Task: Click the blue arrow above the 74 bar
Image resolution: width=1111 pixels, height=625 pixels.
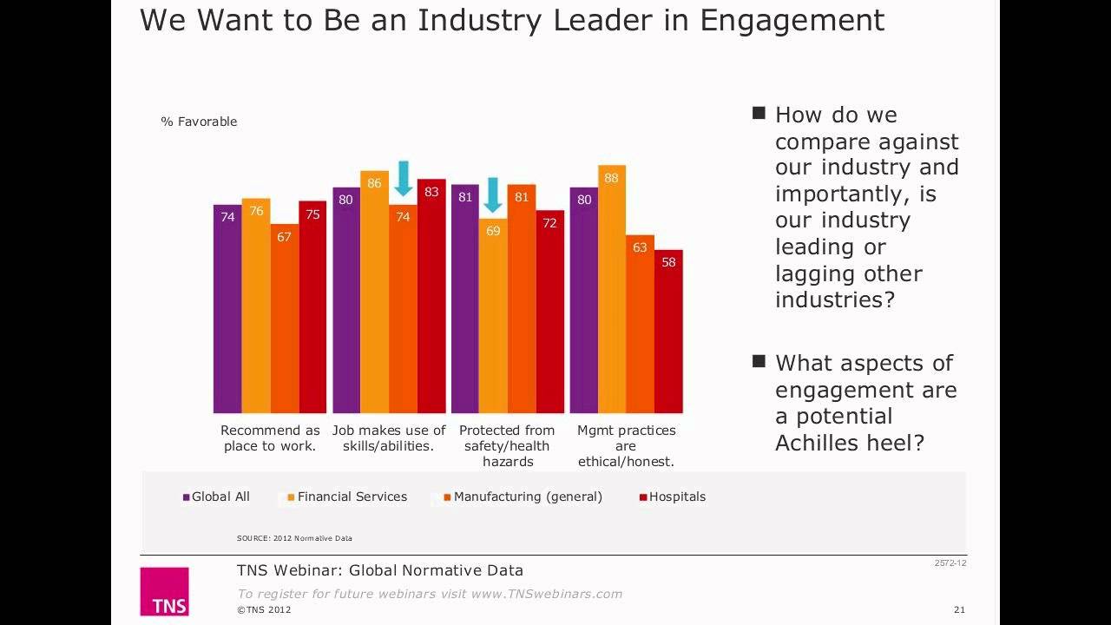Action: pos(404,179)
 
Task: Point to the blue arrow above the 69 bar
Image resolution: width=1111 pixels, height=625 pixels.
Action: pos(493,195)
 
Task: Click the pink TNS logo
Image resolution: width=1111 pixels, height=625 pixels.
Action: pos(164,591)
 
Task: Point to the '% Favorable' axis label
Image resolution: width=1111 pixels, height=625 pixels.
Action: pos(199,122)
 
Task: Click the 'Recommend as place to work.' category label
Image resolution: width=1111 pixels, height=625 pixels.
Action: pos(270,438)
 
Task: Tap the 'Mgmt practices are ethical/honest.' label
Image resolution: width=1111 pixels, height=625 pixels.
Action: pos(626,446)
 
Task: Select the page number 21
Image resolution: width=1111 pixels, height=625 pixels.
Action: pos(959,609)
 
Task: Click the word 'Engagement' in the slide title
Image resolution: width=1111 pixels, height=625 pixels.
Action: pos(792,20)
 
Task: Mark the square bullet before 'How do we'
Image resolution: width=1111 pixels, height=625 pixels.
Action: pos(759,113)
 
